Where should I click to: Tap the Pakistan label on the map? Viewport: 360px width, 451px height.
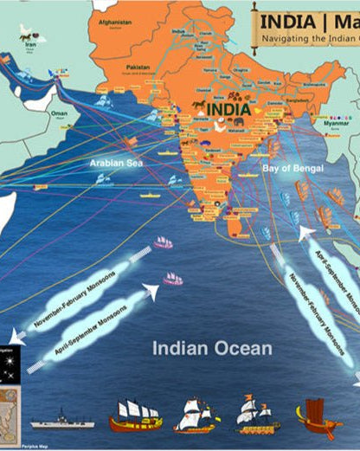(138, 67)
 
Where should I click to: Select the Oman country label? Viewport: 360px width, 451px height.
(59, 113)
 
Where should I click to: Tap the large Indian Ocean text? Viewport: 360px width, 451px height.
(212, 349)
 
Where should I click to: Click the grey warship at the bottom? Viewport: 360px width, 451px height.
(62, 423)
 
